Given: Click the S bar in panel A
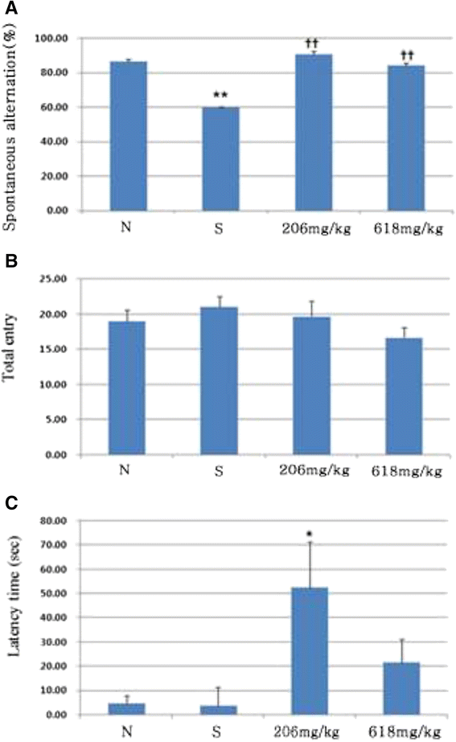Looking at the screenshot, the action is tap(220, 159).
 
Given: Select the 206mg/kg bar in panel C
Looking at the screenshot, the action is tap(310, 651).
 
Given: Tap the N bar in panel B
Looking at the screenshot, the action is tap(127, 388).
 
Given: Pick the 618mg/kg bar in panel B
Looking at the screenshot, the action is tap(404, 396).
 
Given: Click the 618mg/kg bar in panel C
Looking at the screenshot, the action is tap(401, 688).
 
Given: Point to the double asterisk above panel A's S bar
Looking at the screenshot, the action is tap(220, 95).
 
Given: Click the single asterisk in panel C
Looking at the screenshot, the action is tap(309, 535).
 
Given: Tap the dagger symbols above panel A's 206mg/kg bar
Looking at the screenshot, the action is tap(311, 44).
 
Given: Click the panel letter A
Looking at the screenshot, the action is tap(10, 8).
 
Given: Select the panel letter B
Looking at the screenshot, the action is tap(10, 260).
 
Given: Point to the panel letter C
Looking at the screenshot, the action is tap(11, 503).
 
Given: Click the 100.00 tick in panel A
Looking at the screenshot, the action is tap(51, 39).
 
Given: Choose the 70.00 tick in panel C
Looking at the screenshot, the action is tap(54, 545).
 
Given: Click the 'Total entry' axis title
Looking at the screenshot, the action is tap(10, 346).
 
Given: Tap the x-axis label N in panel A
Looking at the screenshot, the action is tap(125, 228).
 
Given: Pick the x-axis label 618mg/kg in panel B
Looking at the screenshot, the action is tap(407, 471).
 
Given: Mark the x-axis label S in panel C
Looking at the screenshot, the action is tap(216, 732).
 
